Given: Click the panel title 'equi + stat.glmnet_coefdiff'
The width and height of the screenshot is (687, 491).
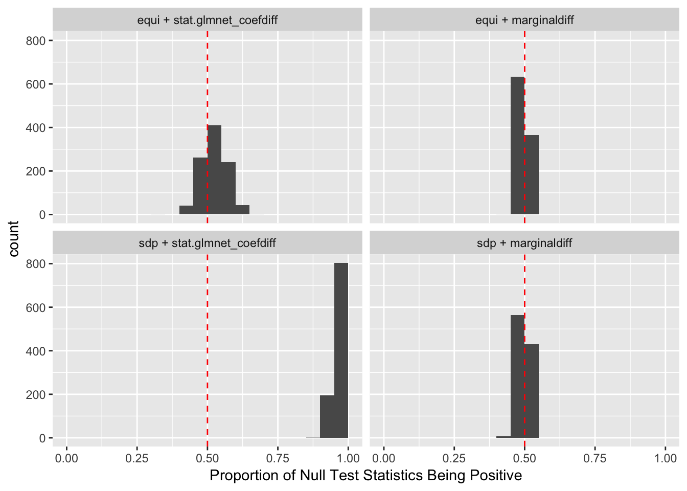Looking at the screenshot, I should [x=208, y=20].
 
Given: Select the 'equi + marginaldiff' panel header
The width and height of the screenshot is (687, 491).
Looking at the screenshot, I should [x=524, y=20].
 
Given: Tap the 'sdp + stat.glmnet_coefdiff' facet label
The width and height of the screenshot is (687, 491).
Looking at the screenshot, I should [x=208, y=243].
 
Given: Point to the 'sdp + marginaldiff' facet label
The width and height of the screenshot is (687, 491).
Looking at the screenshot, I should [x=524, y=243].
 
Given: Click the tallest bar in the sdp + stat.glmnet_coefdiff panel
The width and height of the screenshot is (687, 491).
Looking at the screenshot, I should [x=341, y=350].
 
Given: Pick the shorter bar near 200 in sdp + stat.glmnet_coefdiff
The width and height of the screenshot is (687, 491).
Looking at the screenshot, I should [x=327, y=416].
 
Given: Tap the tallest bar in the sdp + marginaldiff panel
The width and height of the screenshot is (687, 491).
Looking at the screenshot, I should [x=517, y=376].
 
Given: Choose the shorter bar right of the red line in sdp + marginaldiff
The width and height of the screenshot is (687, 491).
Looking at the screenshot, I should [x=532, y=391].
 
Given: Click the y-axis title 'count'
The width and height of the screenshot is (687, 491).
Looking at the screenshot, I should [x=14, y=239].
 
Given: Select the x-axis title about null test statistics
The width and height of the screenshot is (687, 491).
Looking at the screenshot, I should [x=365, y=476].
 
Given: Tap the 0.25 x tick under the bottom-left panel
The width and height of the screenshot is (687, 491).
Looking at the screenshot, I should [x=137, y=458].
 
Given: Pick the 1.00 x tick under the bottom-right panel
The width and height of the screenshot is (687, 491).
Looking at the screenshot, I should [x=665, y=458].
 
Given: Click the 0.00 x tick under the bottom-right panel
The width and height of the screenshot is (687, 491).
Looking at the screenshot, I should [x=384, y=458].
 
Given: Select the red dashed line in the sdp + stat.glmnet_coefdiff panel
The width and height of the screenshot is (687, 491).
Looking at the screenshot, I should [x=208, y=332].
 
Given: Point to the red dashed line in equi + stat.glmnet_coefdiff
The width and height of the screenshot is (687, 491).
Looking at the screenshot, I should [x=208, y=77].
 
